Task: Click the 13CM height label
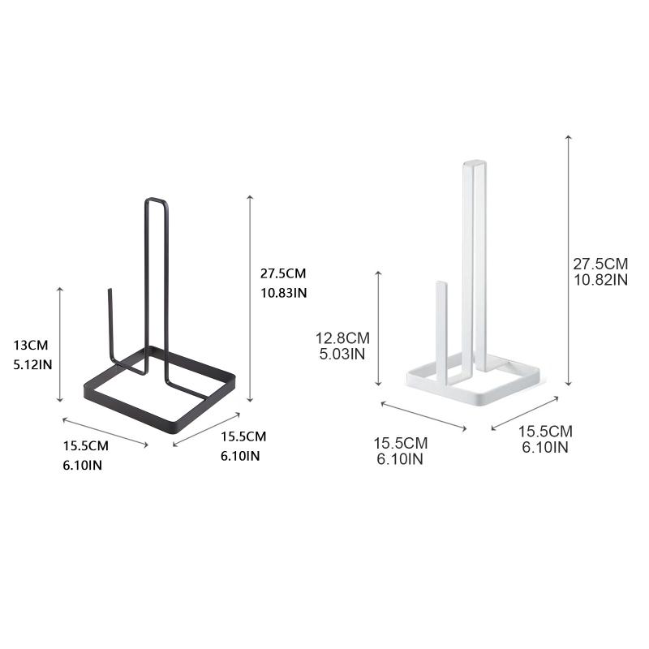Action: (x=32, y=345)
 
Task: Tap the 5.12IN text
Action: (x=33, y=365)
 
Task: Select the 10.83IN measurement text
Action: (x=284, y=293)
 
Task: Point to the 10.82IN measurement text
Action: (x=600, y=279)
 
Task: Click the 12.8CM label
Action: (x=342, y=337)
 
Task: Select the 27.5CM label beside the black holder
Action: (x=284, y=273)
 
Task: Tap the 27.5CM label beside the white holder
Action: (x=600, y=264)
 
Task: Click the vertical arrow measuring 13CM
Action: (x=60, y=344)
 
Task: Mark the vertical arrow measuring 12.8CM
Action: (x=379, y=329)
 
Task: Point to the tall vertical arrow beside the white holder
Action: (x=569, y=260)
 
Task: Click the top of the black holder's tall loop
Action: (x=156, y=199)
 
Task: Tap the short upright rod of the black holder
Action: (x=110, y=320)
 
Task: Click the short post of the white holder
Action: (x=441, y=329)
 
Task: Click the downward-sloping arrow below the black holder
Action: (x=105, y=432)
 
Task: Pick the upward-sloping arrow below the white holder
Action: (x=525, y=413)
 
